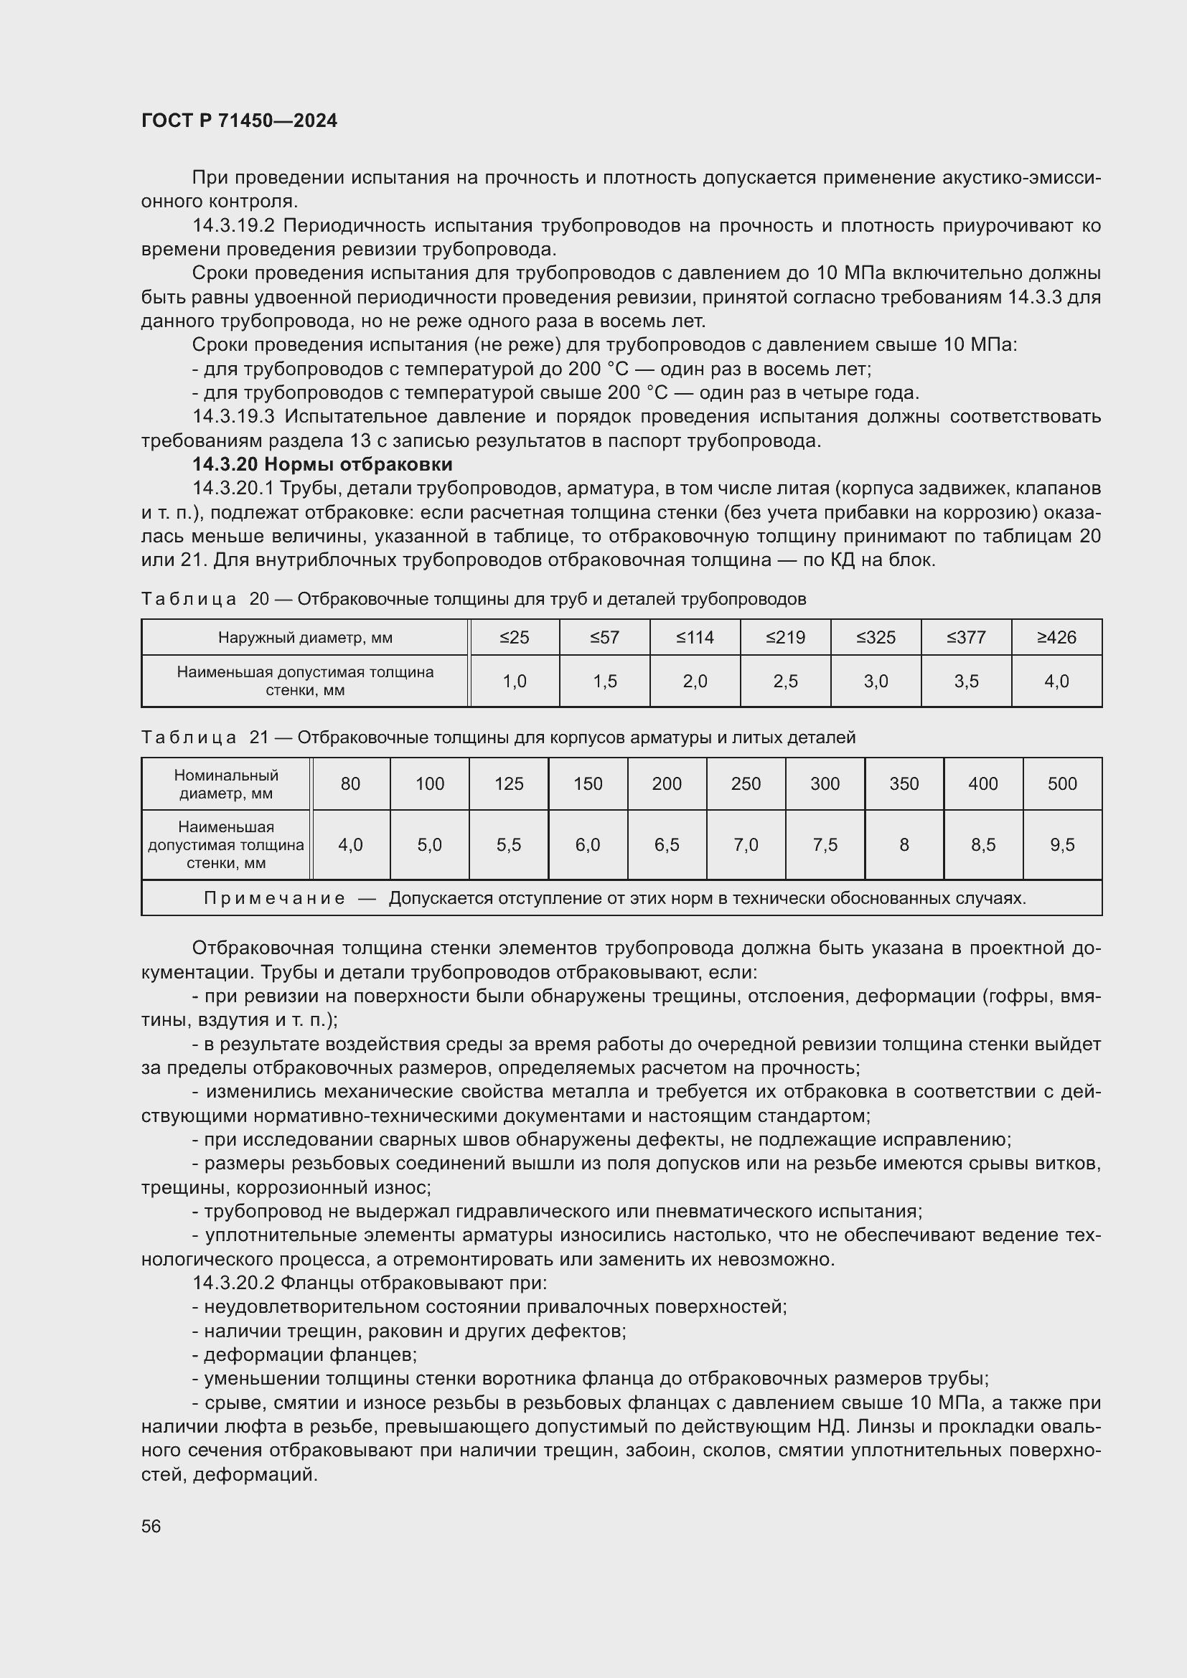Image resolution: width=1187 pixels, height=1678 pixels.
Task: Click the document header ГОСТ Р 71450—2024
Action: pyautogui.click(x=239, y=121)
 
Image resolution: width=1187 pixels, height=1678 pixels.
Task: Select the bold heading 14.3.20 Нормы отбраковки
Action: pyautogui.click(x=322, y=464)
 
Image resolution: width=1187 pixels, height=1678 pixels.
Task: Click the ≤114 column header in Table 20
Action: pyautogui.click(x=695, y=637)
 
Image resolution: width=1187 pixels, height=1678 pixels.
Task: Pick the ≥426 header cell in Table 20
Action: pyautogui.click(x=1056, y=637)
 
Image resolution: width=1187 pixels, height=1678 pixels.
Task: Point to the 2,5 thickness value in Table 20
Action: pyautogui.click(x=785, y=681)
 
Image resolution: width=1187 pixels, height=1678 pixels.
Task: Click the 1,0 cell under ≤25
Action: pyautogui.click(x=514, y=681)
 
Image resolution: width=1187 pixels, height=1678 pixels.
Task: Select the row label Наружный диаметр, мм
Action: pyautogui.click(x=305, y=637)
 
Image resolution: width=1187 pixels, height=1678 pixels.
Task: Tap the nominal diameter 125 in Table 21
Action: pyautogui.click(x=509, y=783)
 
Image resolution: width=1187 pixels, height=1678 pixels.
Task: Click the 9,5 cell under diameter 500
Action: pyautogui.click(x=1062, y=845)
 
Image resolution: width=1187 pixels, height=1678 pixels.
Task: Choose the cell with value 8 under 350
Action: pyautogui.click(x=904, y=845)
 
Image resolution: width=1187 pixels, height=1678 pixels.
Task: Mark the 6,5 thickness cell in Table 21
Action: pyautogui.click(x=667, y=845)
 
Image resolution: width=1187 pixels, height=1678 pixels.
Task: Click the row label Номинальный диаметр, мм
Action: pyautogui.click(x=226, y=783)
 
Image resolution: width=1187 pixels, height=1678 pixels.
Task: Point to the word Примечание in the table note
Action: pyautogui.click(x=274, y=898)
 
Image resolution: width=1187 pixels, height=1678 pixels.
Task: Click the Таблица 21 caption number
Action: pyautogui.click(x=260, y=737)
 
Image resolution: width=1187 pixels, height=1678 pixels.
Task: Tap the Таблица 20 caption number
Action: pyautogui.click(x=260, y=599)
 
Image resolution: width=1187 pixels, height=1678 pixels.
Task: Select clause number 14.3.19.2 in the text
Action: pyautogui.click(x=233, y=226)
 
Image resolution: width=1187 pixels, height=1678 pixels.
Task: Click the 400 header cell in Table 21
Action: pyautogui.click(x=983, y=783)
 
